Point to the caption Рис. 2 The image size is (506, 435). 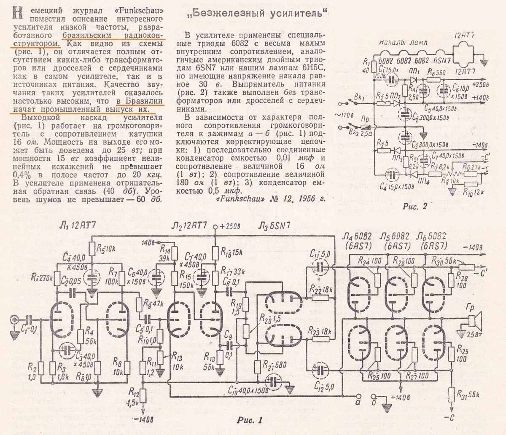[415, 206]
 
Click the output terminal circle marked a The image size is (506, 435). [359, 396]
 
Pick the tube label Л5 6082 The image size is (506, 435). [395, 235]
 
